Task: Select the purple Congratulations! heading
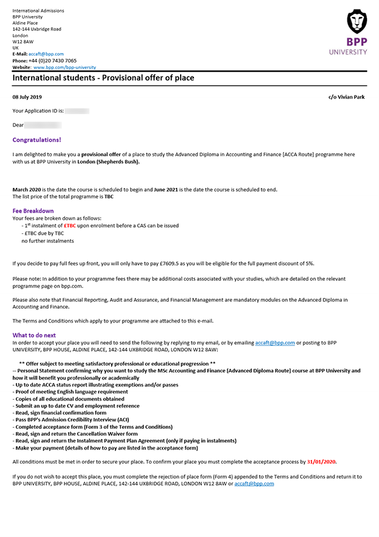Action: pyautogui.click(x=37, y=140)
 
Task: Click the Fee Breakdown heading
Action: pyautogui.click(x=33, y=211)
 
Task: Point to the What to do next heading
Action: pyautogui.click(x=34, y=335)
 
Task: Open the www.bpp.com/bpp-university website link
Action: pyautogui.click(x=64, y=67)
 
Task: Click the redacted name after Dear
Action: pyautogui.click(x=47, y=125)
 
